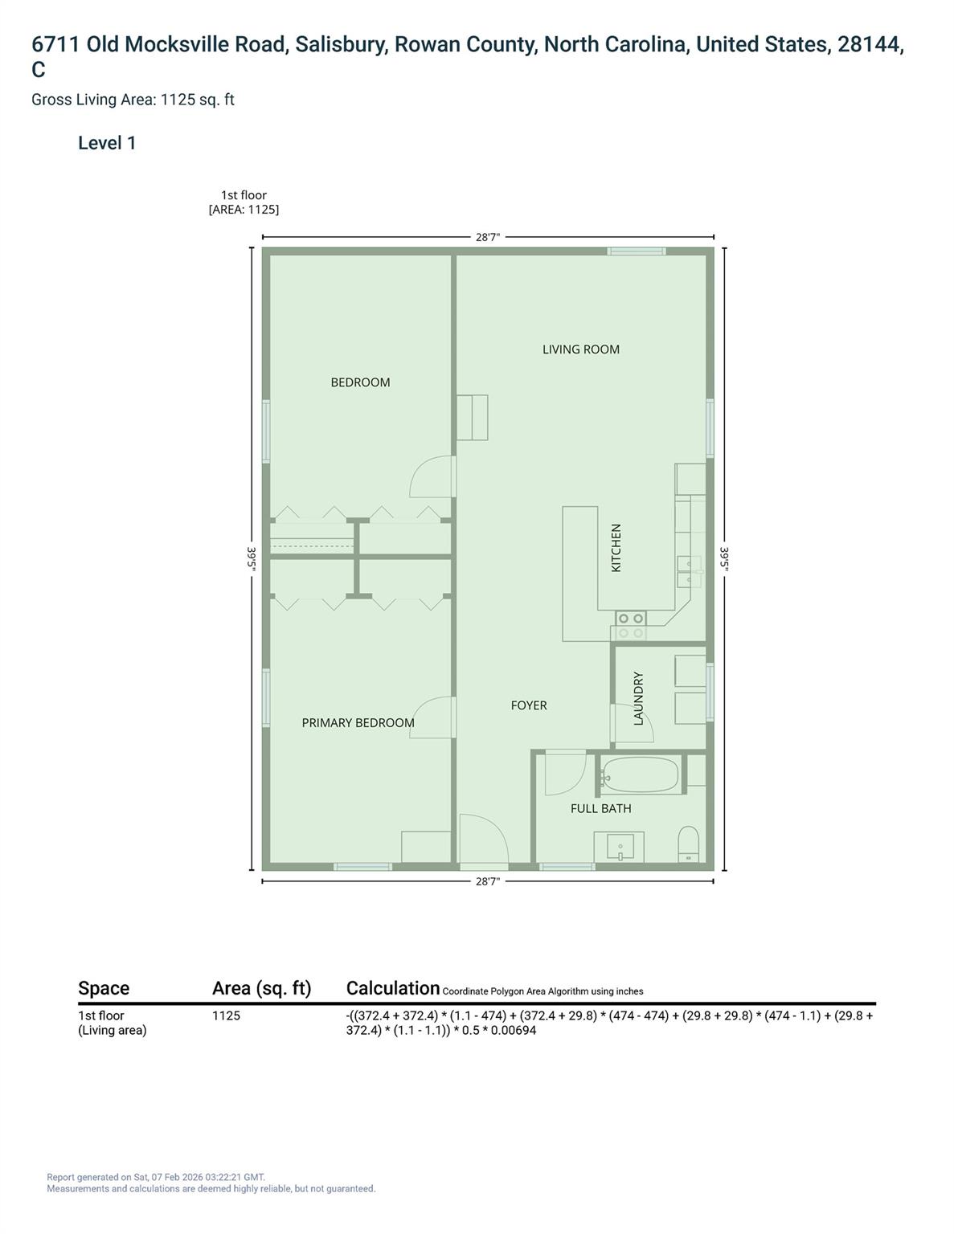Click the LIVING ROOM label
[580, 349]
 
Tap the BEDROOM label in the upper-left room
[360, 382]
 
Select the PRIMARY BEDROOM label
[358, 723]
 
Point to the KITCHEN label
[616, 548]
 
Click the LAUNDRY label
[639, 699]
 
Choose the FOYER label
[529, 705]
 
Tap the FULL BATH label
[600, 809]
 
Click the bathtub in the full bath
[641, 775]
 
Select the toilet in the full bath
[689, 844]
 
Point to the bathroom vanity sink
[620, 847]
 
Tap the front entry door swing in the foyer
[484, 840]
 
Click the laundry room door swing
[633, 723]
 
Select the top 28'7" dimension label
[488, 237]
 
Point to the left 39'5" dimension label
[252, 558]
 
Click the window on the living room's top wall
[636, 251]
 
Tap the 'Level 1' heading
[107, 143]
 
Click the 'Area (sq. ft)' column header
[261, 988]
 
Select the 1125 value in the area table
[226, 1015]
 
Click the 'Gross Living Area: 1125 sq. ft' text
[133, 100]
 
